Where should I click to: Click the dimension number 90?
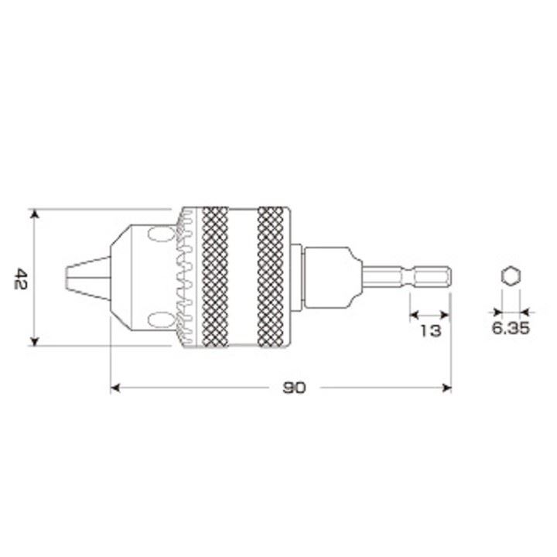pos(294,388)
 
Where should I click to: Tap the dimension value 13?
pos(430,331)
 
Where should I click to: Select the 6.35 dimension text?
pos(511,327)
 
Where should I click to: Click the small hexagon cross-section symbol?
pos(511,276)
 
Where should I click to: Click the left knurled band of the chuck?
pos(215,277)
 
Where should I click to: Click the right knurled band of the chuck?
pos(271,277)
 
